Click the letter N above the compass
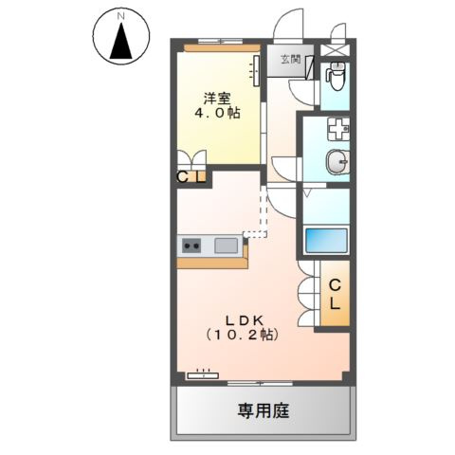pos(121,16)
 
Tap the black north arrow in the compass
pos(121,41)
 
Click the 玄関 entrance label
pos(291,60)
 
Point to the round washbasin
pos(337,162)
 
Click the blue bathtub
pos(326,240)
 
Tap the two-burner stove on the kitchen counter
pos(191,246)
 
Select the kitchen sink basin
pos(227,246)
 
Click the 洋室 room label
pos(216,99)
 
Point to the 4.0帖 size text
pos(216,113)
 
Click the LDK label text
pos(244,320)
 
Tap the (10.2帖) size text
pos(243,335)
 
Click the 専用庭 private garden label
pos(264,411)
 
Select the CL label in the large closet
pos(335,295)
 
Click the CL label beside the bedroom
pos(191,177)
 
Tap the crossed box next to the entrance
pos(336,50)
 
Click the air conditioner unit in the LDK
pos(203,375)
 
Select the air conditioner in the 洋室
pos(257,71)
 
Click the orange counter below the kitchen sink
pos(212,263)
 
